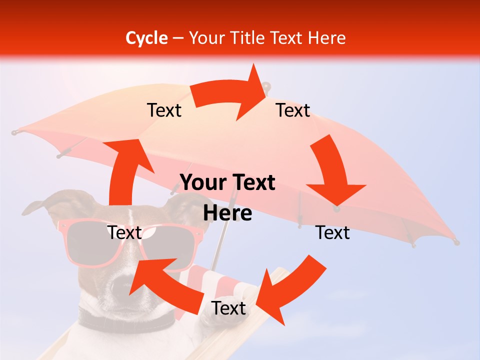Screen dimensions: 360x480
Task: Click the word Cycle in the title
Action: tap(146, 38)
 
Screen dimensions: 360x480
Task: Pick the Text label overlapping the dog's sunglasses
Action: tap(124, 232)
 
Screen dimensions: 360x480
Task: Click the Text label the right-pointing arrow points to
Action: tap(293, 110)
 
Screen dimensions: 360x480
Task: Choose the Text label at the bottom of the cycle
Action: tap(228, 308)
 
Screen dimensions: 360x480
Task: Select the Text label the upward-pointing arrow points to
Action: tap(164, 110)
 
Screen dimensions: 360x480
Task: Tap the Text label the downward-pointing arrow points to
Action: tap(332, 232)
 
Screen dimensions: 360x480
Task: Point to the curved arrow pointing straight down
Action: tap(332, 170)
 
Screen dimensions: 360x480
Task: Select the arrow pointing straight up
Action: tap(125, 170)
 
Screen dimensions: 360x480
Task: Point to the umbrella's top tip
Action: tap(267, 86)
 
